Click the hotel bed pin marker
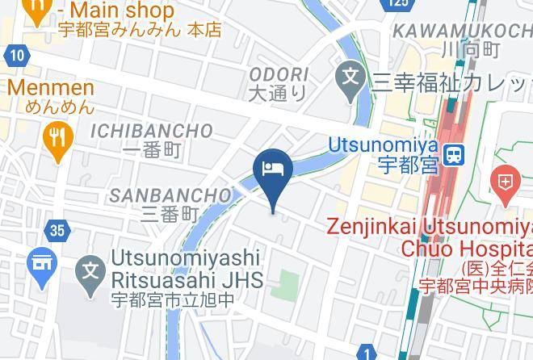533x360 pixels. (272, 170)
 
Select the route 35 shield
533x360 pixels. (56, 231)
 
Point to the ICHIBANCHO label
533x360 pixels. (153, 131)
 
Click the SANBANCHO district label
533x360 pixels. (170, 195)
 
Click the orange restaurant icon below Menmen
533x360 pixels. (57, 135)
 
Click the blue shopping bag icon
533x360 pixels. (40, 263)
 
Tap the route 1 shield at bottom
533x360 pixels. (367, 353)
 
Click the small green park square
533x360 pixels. (288, 283)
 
